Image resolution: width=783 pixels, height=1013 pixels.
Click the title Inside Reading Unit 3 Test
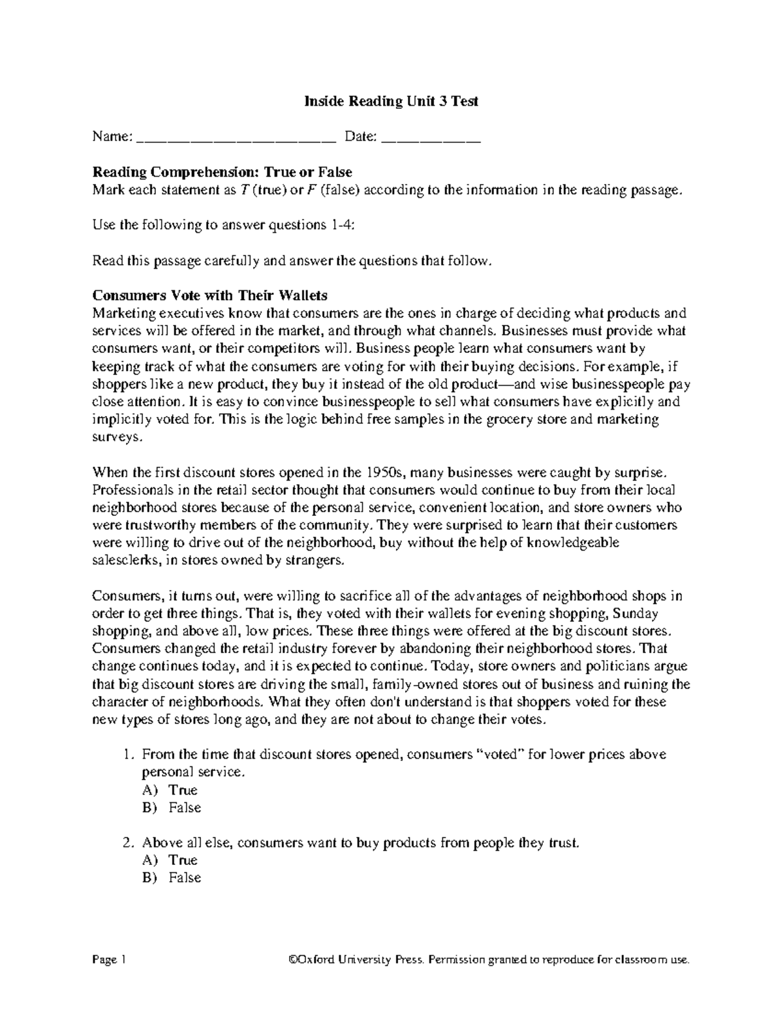point(391,101)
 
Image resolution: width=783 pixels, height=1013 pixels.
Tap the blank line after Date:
point(431,138)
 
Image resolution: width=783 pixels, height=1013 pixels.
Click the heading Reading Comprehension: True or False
point(222,172)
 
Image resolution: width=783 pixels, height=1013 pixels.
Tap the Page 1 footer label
point(109,960)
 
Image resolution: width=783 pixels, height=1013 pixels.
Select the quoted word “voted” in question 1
point(500,755)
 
